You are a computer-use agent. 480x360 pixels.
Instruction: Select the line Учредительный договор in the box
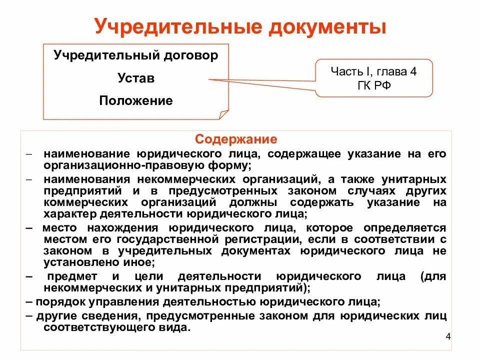(x=136, y=55)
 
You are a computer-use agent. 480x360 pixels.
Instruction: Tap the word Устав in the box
(x=136, y=78)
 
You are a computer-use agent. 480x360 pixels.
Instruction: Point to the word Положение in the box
(x=136, y=101)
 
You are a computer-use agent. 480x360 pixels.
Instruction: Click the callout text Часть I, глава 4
(x=373, y=71)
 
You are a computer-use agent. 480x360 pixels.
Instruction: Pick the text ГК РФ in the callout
(x=373, y=85)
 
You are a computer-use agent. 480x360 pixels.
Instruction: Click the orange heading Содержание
(x=236, y=138)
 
